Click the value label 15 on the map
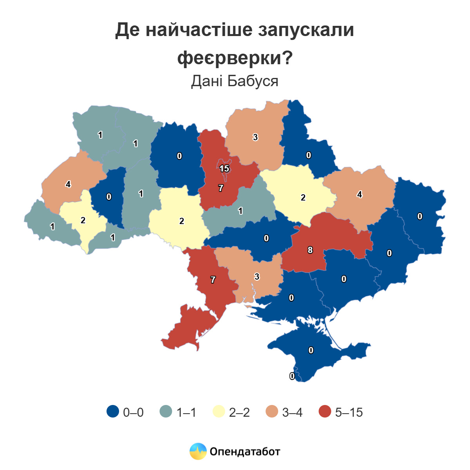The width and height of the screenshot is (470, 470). click(224, 169)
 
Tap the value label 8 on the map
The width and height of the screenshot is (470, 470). click(310, 250)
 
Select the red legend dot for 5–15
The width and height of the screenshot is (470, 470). click(325, 412)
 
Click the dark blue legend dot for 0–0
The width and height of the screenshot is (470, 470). click(113, 412)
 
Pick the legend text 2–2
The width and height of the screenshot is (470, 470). click(239, 412)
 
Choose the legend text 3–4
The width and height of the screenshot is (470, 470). click(292, 412)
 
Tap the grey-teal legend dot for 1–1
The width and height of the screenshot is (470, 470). click(166, 412)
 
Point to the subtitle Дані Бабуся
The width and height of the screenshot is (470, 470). click(235, 81)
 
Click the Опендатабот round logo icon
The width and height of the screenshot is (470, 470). click(198, 451)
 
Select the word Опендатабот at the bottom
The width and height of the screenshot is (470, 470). click(245, 452)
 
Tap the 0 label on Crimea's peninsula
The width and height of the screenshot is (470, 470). click(311, 350)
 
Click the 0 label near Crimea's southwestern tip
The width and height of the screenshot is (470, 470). click(292, 376)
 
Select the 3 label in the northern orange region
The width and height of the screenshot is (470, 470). click(255, 137)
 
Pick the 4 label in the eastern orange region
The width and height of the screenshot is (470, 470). click(360, 194)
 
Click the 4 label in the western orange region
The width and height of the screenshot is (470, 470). click(69, 184)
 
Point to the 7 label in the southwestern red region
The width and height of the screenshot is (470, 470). click(213, 280)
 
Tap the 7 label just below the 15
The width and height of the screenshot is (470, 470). click(221, 188)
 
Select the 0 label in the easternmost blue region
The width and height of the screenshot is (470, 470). click(420, 216)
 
